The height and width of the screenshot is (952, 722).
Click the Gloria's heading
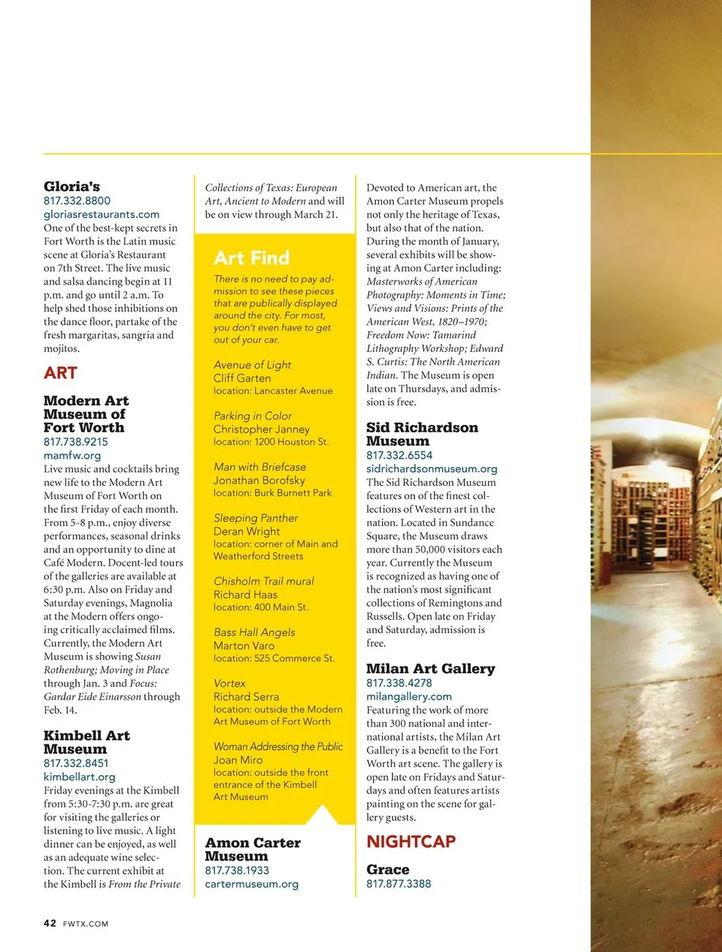(71, 186)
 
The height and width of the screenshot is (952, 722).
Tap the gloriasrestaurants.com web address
(102, 214)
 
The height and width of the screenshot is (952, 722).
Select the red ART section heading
(60, 373)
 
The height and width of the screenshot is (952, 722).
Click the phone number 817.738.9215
(76, 442)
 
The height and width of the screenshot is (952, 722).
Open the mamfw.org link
(72, 456)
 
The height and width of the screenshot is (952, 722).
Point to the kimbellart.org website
(79, 777)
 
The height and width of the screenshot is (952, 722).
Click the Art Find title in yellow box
(251, 258)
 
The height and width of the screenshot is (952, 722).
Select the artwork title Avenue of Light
(252, 365)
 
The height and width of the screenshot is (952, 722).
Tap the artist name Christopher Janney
(261, 429)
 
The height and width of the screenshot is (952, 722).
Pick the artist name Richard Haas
(245, 595)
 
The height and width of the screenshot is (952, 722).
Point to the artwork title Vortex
(229, 684)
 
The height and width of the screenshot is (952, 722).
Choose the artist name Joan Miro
(238, 760)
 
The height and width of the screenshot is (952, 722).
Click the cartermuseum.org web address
(251, 884)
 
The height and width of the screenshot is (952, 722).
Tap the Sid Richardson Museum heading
(421, 434)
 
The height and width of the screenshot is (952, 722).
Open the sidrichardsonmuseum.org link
(432, 469)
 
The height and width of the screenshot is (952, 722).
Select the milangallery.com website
(409, 697)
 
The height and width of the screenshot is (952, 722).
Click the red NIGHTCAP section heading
(411, 841)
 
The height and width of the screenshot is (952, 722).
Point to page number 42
(50, 923)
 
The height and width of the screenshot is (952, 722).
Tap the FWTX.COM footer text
(86, 924)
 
